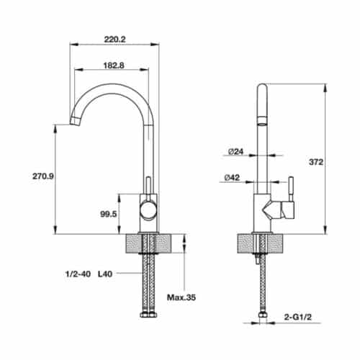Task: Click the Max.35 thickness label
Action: pyautogui.click(x=181, y=297)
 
